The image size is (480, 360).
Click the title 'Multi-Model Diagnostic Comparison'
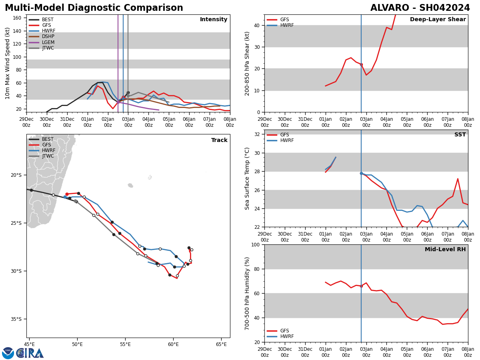pyautogui.click(x=94, y=8)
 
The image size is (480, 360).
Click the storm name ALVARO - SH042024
pyautogui.click(x=420, y=8)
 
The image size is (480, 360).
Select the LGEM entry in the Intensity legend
pyautogui.click(x=48, y=42)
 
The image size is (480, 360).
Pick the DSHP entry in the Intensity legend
pyautogui.click(x=48, y=36)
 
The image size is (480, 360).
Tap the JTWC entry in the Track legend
pyautogui.click(x=48, y=156)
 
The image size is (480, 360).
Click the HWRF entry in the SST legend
pyautogui.click(x=287, y=141)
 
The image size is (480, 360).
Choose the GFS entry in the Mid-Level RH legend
pyautogui.click(x=284, y=331)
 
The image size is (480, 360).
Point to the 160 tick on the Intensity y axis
pyautogui.click(x=17, y=18)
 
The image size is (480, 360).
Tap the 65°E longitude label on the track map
pyautogui.click(x=221, y=344)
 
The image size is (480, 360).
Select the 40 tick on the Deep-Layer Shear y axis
pyautogui.click(x=256, y=25)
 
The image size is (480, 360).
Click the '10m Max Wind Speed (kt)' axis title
pyautogui.click(x=8, y=63)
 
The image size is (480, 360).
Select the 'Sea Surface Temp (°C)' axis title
pyautogui.click(x=247, y=178)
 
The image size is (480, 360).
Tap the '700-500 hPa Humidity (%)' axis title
pyautogui.click(x=247, y=293)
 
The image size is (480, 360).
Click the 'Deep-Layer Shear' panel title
pyautogui.click(x=438, y=20)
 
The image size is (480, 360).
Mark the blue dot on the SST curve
pyautogui.click(x=361, y=173)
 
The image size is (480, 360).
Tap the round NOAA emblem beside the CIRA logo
pyautogui.click(x=8, y=353)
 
